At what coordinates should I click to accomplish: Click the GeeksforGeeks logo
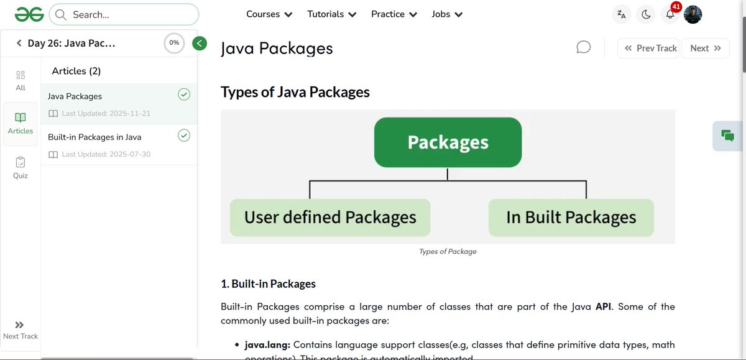coord(29,14)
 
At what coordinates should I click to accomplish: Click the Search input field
coord(124,14)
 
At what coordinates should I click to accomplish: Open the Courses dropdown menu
coord(269,14)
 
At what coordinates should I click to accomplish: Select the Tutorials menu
coord(332,14)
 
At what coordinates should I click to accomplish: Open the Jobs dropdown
coord(447,14)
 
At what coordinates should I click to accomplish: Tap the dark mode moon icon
coord(646,14)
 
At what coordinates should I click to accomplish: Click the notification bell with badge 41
coord(670,14)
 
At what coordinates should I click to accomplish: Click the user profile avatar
coord(693,14)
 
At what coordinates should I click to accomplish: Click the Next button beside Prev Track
coord(705,48)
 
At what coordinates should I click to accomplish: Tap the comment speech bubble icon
coord(583,48)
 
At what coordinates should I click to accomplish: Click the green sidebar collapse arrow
coord(200,43)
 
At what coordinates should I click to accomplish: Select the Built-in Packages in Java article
coord(94,137)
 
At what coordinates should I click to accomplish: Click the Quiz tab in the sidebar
coord(21,167)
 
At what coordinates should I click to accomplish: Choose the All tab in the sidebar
coord(21,80)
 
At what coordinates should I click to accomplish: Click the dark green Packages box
coord(448,142)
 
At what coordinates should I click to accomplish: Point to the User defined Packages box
coord(330,218)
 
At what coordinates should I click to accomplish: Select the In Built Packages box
coord(571,218)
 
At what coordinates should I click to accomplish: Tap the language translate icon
coord(621,14)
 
